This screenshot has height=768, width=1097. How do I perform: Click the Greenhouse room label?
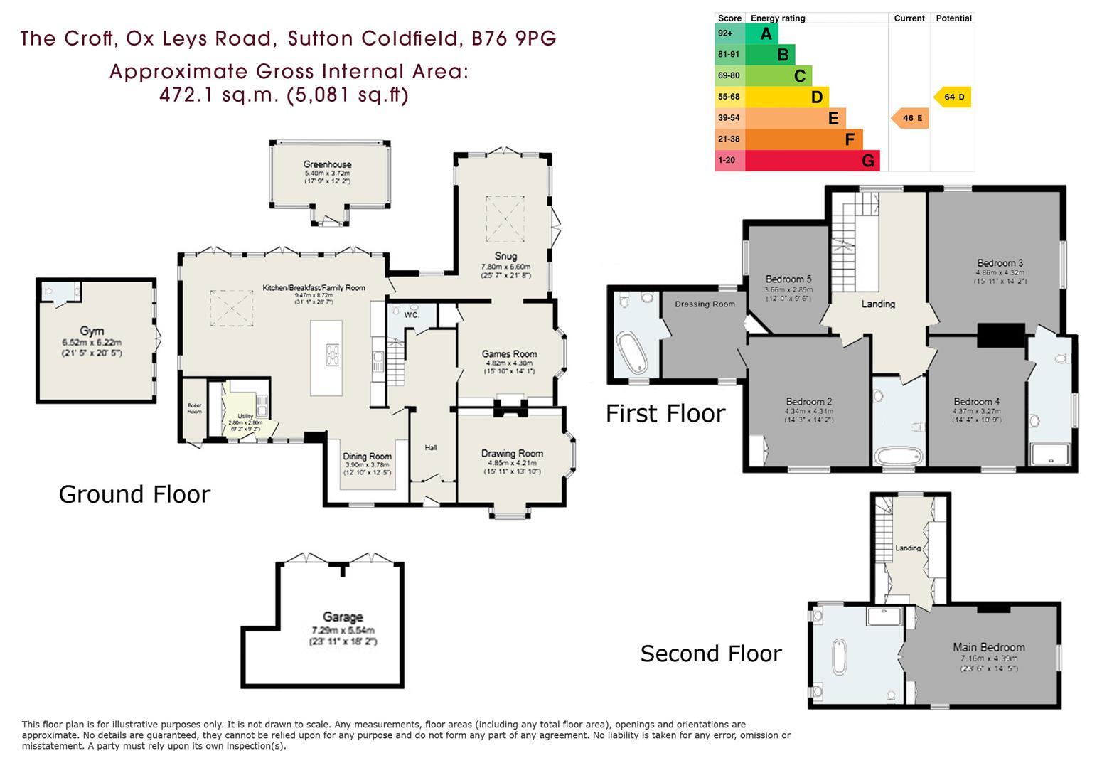click(x=327, y=164)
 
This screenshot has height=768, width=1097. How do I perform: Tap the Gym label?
click(x=92, y=331)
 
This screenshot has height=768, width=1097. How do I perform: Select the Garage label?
click(x=343, y=617)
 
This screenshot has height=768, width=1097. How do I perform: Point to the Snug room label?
click(x=505, y=256)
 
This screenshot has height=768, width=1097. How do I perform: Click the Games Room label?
click(x=509, y=354)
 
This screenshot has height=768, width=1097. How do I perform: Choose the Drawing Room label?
click(x=512, y=454)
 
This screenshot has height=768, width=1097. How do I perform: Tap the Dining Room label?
click(x=367, y=457)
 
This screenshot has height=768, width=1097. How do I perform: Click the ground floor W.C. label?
click(x=412, y=314)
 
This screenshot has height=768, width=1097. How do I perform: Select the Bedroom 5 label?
click(x=788, y=279)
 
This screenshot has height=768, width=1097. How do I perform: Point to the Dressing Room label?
click(x=705, y=304)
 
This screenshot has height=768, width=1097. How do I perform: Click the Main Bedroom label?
click(x=988, y=647)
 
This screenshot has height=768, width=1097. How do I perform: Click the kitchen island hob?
click(x=332, y=353)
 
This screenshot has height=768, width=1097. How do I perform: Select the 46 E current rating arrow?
click(x=911, y=118)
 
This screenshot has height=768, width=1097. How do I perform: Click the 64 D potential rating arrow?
click(x=953, y=97)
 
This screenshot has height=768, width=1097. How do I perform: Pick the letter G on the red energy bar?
click(x=867, y=161)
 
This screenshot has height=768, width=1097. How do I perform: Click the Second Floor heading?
click(x=710, y=654)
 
